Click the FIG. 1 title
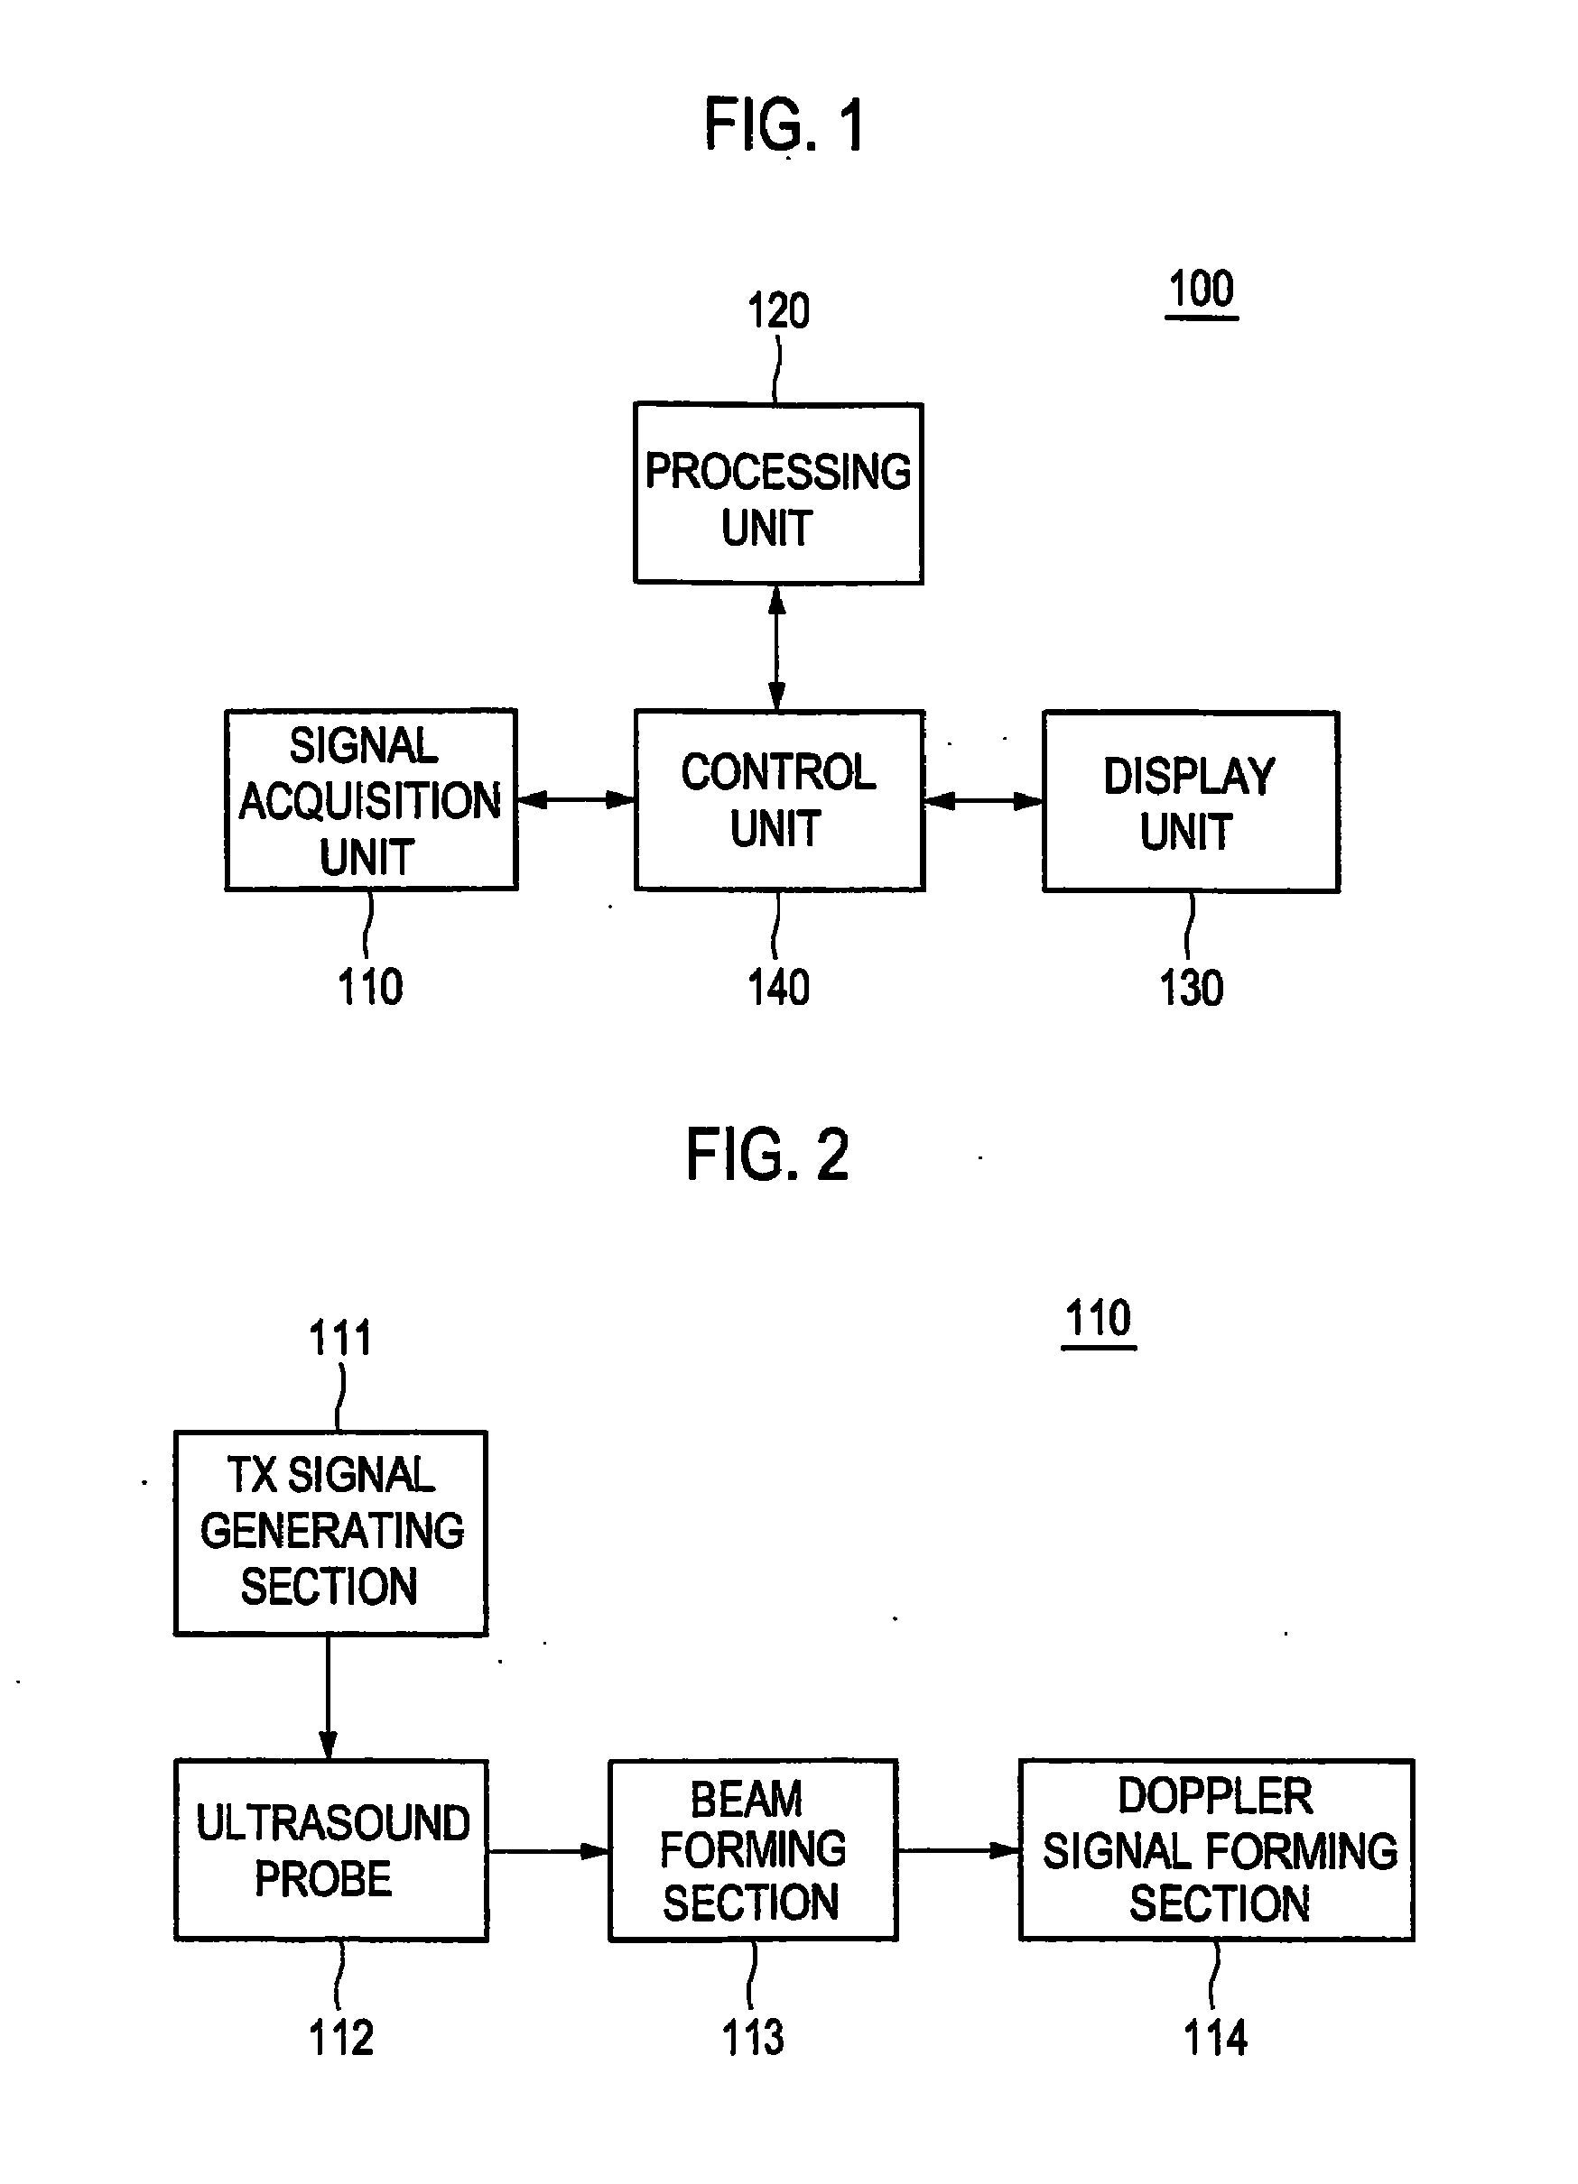tap(784, 124)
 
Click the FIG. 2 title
tap(766, 1155)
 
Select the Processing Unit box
tap(778, 493)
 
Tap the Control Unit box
tap(779, 800)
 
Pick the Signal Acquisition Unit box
tap(371, 800)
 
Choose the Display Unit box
tap(1191, 802)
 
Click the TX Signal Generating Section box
tap(330, 1534)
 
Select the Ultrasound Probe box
tap(330, 1851)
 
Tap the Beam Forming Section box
tap(754, 1851)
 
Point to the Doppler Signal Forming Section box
tap(1217, 1851)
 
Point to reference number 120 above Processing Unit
tap(778, 311)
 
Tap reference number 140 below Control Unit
tap(778, 988)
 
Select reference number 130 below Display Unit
tap(1191, 989)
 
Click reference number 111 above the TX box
tap(339, 1339)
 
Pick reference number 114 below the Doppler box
tap(1215, 2039)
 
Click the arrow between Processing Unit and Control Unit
tap(777, 647)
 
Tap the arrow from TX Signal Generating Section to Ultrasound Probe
tap(329, 1698)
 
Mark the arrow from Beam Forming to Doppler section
tap(959, 1850)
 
